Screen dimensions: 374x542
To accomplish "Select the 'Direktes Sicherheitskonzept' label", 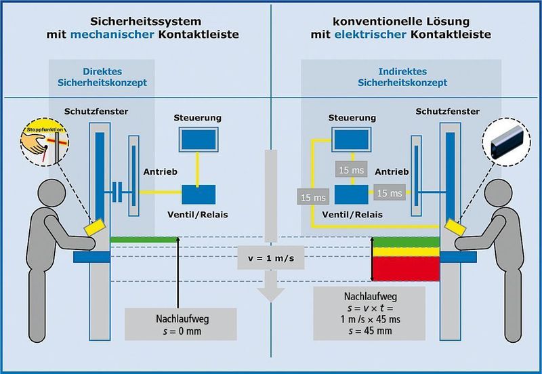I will (x=101, y=77).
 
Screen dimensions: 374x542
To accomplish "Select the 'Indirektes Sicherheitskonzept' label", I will (x=402, y=77).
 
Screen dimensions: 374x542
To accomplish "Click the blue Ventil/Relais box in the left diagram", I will (x=199, y=194).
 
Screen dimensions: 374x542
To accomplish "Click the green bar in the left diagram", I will (x=144, y=238).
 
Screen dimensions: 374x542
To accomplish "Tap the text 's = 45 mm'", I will (x=369, y=332).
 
